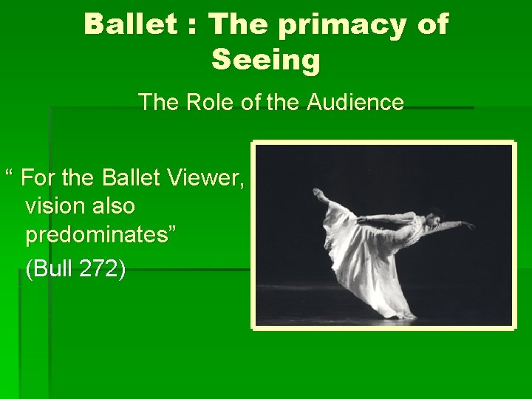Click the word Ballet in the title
[130, 24]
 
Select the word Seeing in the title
[266, 59]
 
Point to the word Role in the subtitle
[201, 102]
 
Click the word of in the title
[432, 24]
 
